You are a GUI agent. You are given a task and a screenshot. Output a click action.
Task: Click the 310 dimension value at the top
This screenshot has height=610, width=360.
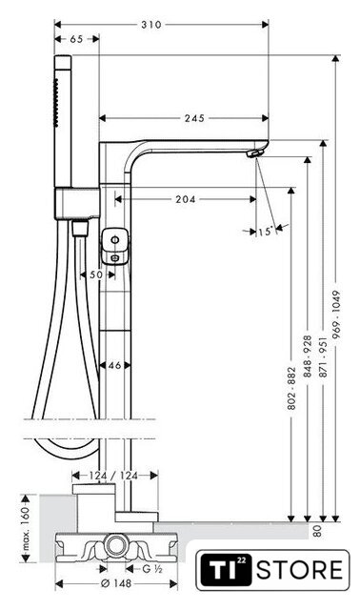point(150,25)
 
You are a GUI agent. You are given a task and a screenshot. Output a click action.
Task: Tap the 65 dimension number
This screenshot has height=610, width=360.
point(76,39)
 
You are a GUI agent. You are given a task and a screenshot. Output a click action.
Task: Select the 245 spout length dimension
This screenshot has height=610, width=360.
point(194,118)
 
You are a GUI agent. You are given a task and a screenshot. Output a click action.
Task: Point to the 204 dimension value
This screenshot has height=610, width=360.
point(185,199)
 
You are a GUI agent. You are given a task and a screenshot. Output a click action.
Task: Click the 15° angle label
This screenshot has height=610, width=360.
point(265,232)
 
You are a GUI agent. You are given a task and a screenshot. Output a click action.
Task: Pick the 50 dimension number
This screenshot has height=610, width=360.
point(96,274)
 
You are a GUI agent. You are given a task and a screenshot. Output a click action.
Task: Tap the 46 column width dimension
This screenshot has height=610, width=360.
point(114,365)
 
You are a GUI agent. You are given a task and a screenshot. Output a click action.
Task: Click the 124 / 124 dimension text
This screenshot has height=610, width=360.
point(113,476)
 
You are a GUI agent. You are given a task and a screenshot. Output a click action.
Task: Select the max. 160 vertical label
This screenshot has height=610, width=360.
point(26,528)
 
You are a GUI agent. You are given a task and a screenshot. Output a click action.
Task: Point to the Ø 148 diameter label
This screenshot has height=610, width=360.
point(116,583)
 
